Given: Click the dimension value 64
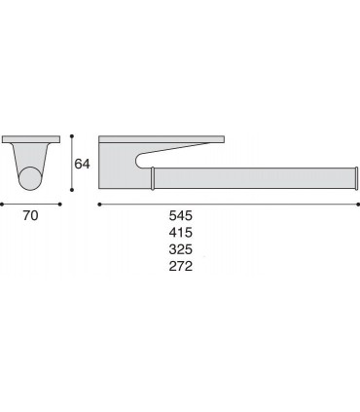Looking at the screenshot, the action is (82, 164).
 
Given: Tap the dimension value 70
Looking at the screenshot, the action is (30, 215).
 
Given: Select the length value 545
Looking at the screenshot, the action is (181, 215).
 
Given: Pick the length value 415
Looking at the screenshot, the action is (181, 233).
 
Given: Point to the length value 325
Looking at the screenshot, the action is (181, 249).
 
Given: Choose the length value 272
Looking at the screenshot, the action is (181, 266).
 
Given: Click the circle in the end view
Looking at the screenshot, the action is (30, 178).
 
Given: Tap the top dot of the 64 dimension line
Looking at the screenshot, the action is (72, 136).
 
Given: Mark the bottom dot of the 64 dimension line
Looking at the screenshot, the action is (72, 190).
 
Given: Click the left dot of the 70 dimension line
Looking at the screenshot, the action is (2, 205).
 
